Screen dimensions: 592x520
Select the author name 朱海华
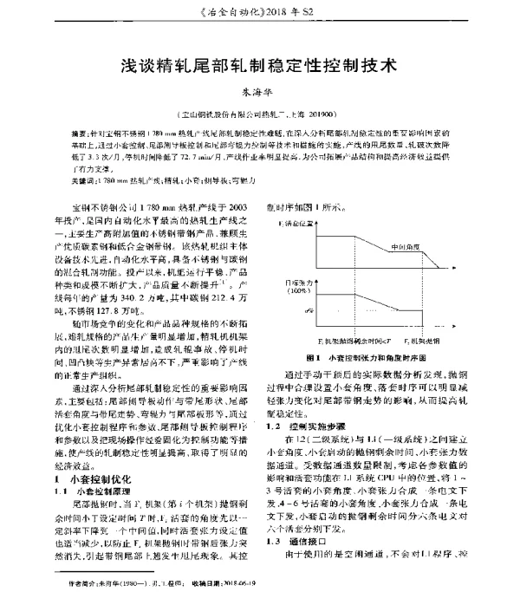(260, 94)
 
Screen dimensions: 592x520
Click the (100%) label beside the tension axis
(300, 290)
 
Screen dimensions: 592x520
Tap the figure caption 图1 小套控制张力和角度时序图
(377, 357)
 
